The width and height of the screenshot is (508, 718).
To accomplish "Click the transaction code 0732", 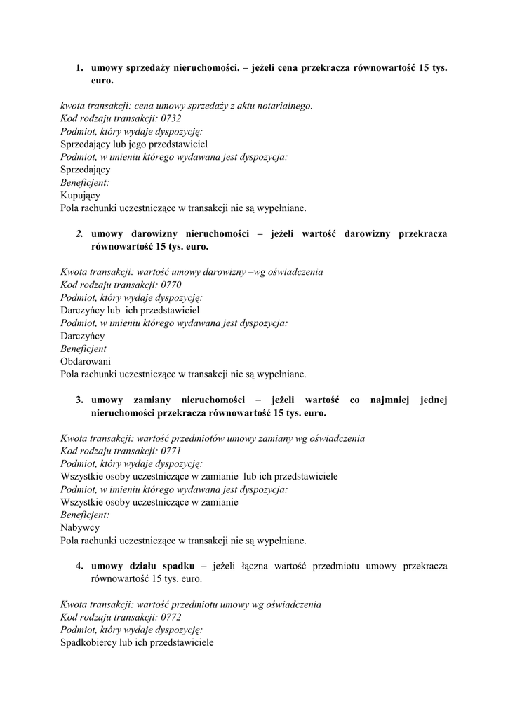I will point(171,118).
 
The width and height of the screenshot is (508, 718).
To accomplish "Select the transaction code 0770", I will point(171,285).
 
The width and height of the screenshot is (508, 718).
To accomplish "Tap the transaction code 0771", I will point(171,451).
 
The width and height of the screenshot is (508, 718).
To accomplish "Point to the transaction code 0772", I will point(171,617).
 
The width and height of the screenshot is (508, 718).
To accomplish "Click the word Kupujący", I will point(80,195).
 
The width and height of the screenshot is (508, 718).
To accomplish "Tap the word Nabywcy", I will point(80,527).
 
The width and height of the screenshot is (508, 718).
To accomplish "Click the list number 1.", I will point(79,69).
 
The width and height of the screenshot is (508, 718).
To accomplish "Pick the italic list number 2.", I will point(79,234).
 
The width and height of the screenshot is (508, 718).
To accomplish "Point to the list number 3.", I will point(79,400).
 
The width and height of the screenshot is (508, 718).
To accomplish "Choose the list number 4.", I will point(79,566).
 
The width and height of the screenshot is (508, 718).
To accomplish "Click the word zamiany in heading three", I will point(152,400).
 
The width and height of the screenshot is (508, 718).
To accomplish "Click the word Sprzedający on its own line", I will point(85,169).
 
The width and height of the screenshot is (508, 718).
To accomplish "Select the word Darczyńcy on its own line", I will point(82,336).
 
